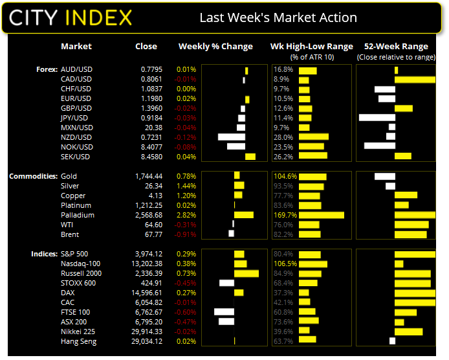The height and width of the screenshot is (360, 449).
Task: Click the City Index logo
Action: tap(70, 17)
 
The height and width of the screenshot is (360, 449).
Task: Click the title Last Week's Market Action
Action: tap(278, 17)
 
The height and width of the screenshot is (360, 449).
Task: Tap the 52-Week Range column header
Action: tap(396, 47)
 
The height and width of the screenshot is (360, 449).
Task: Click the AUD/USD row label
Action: tap(76, 69)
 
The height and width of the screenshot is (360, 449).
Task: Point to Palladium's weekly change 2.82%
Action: tap(186, 215)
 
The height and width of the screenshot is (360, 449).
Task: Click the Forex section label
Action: tap(46, 69)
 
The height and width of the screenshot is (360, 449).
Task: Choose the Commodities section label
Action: tap(33, 176)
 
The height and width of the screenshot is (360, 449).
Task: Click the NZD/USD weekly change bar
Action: tap(232, 137)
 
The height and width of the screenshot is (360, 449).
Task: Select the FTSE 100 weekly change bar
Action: tap(224, 312)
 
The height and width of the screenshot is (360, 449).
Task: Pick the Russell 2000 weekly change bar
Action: tap(246, 273)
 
